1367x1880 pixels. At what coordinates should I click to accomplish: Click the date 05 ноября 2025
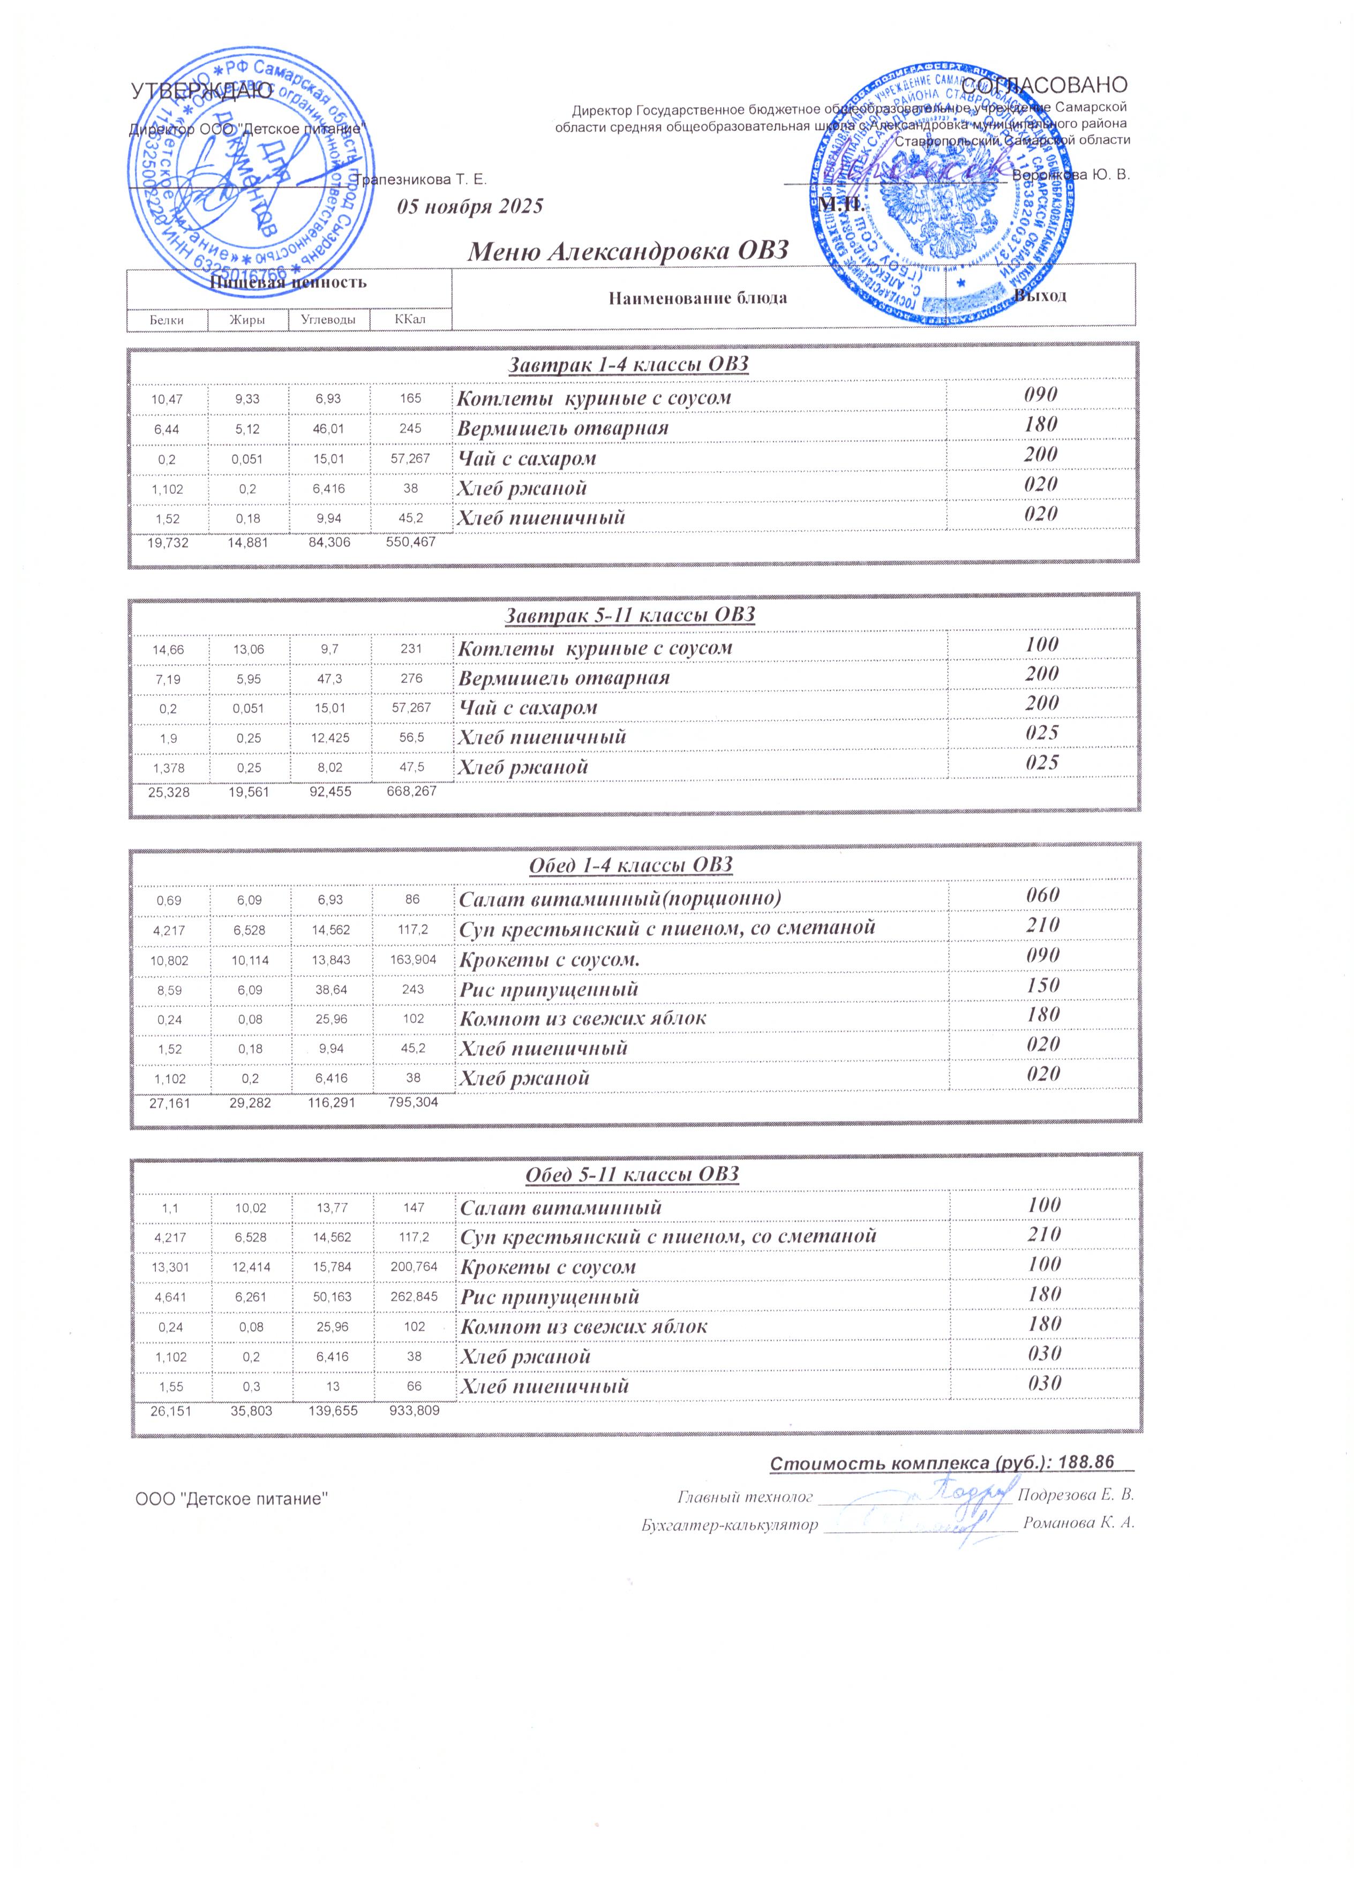pos(470,206)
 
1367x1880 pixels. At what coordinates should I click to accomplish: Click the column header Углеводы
pos(328,319)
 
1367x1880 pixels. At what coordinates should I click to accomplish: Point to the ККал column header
pos(410,319)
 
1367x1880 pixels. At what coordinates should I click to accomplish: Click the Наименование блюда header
pos(698,298)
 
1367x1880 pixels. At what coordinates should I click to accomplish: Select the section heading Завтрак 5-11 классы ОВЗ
pos(630,615)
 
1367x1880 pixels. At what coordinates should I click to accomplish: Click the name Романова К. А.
pos(1078,1524)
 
